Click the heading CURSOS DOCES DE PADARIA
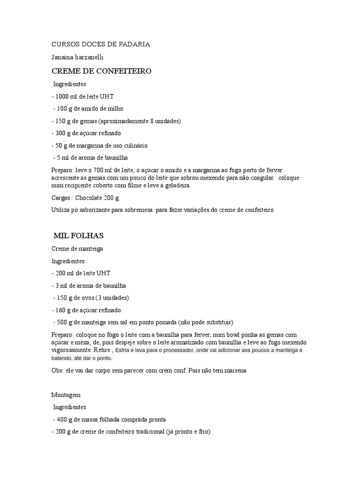[100, 45]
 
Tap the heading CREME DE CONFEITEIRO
[101, 71]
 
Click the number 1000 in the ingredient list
[62, 97]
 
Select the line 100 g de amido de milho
[88, 109]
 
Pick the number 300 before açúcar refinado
[60, 133]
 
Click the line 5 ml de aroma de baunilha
[90, 157]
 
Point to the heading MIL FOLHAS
[78, 235]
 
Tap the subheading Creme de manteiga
[77, 248]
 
